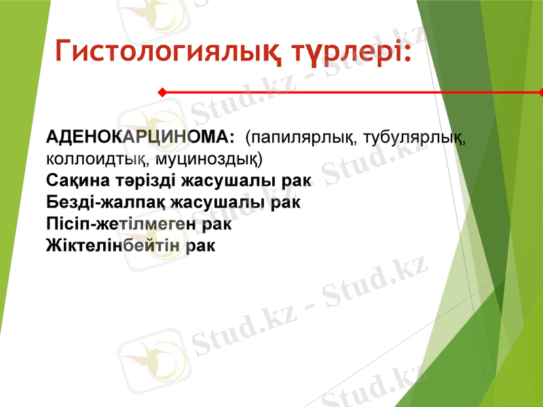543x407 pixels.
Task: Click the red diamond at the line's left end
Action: (x=162, y=92)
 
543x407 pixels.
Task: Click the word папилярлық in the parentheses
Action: (x=302, y=138)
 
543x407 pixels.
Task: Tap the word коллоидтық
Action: (x=97, y=159)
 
